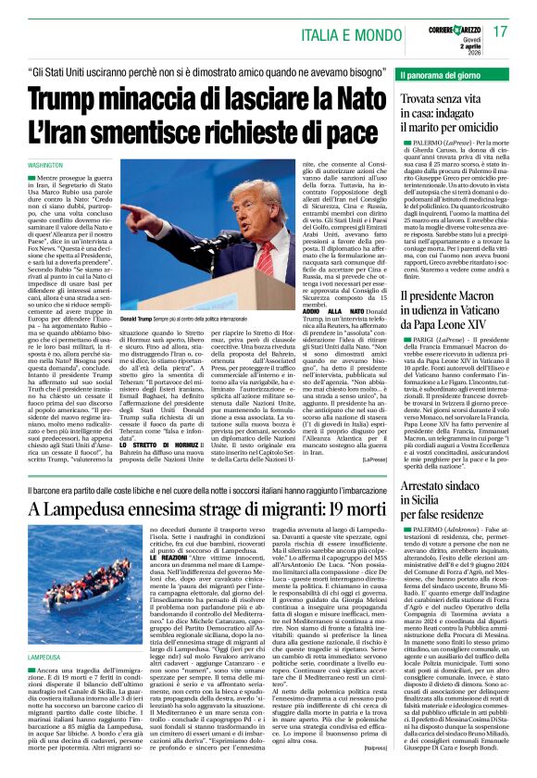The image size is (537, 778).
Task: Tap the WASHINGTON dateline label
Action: tap(45, 164)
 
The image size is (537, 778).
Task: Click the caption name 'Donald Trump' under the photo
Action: tap(140, 319)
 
